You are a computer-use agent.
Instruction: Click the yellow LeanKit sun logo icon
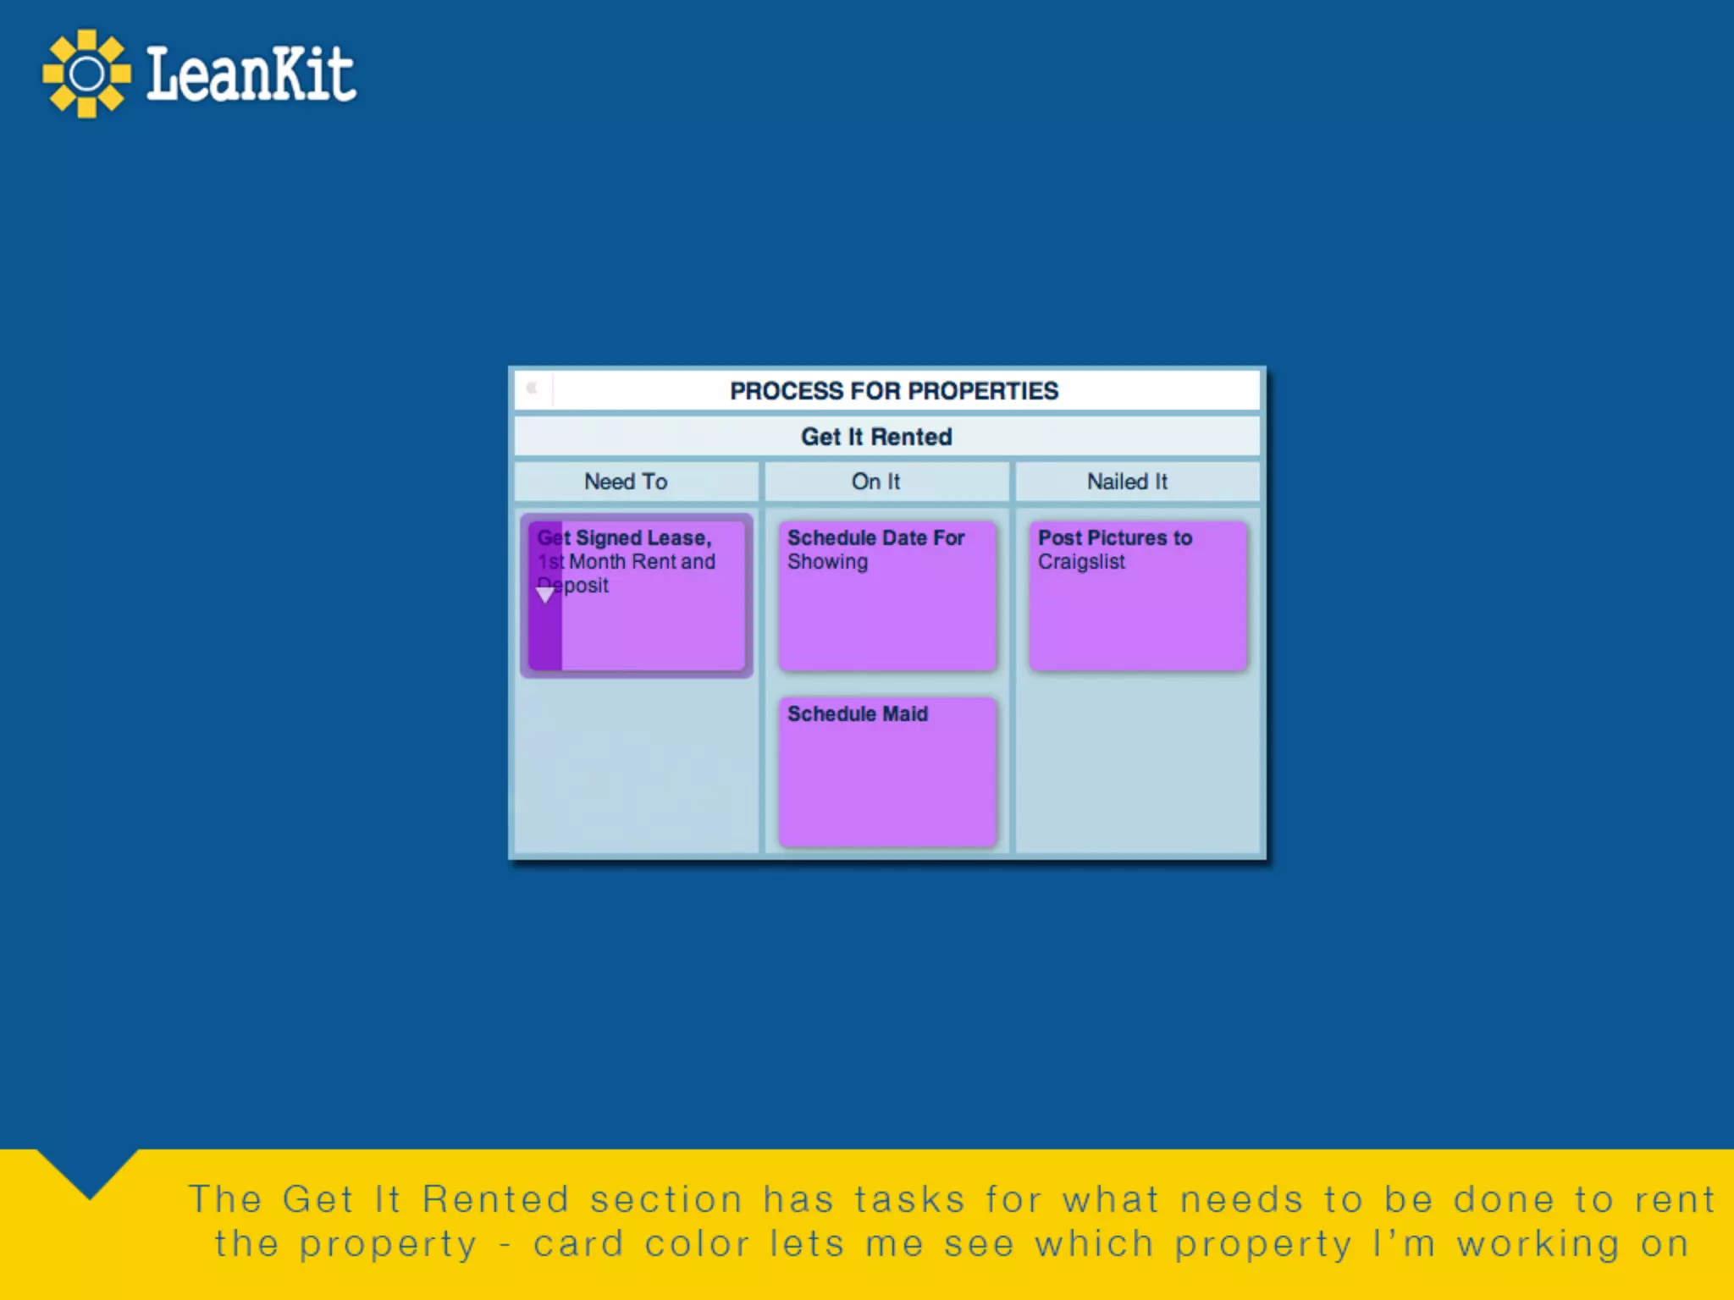point(86,74)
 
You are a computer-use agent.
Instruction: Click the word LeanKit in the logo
point(251,74)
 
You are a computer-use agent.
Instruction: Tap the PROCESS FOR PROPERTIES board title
point(894,391)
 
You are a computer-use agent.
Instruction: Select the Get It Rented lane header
point(876,437)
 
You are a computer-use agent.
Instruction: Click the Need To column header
point(626,482)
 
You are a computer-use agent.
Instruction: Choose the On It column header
point(875,482)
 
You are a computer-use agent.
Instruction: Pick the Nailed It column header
point(1127,482)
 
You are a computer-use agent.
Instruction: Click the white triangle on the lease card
point(545,595)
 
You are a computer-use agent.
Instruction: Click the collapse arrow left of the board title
point(533,388)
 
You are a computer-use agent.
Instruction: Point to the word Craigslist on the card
point(1081,562)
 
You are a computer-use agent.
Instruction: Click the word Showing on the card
point(827,562)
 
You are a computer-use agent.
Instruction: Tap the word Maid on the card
point(905,713)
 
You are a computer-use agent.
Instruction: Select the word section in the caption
point(666,1200)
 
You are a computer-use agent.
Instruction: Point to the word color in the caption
point(697,1244)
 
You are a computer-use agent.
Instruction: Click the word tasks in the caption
point(908,1200)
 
